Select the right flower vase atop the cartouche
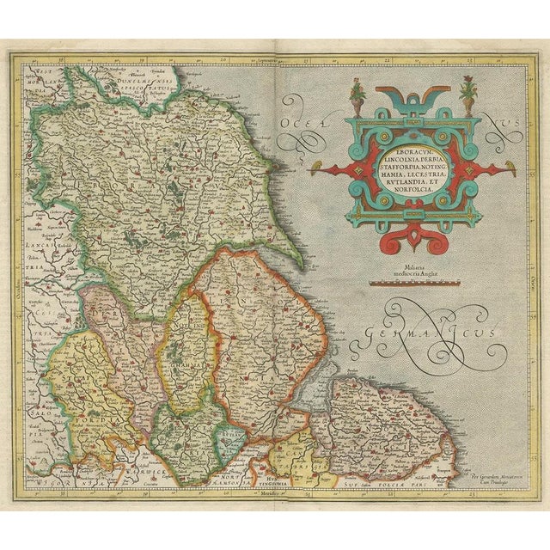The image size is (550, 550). (468, 90)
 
